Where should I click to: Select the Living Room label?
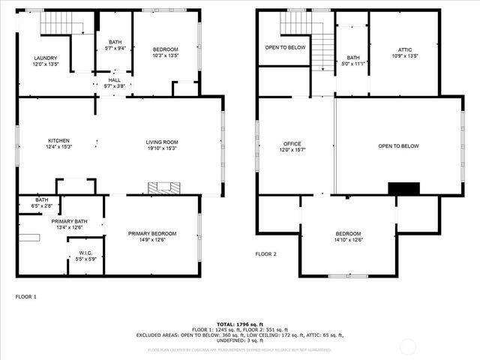click(x=161, y=142)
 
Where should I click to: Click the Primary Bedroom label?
click(x=146, y=233)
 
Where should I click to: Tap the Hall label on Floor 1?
click(x=113, y=79)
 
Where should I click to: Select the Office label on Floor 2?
click(x=292, y=144)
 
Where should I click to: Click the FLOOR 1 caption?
click(x=26, y=297)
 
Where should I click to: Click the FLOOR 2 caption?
click(x=266, y=254)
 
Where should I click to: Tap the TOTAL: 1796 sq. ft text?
click(x=240, y=323)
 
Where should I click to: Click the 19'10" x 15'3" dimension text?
click(x=161, y=148)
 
